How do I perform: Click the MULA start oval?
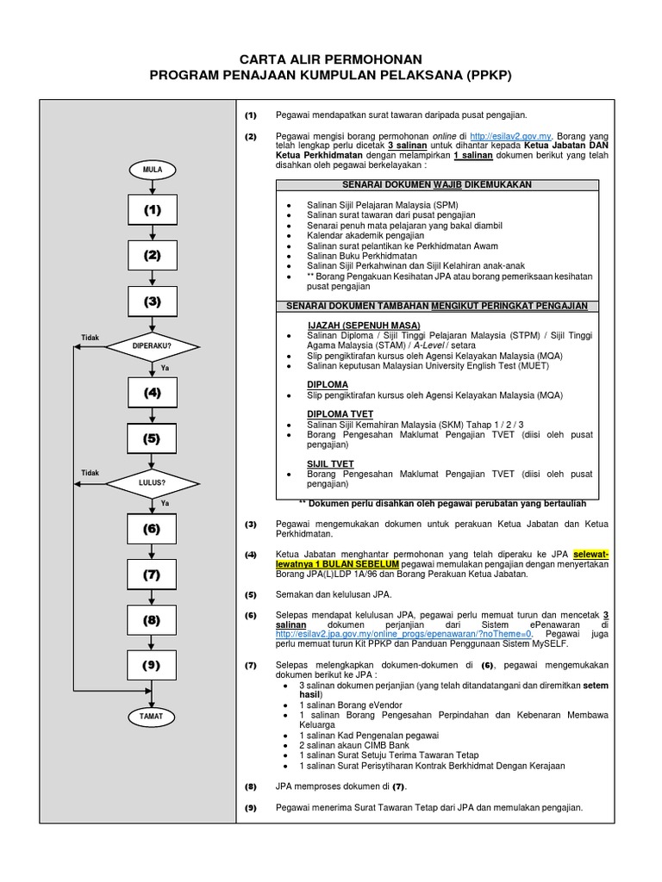coord(153,171)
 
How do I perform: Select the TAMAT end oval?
coord(153,716)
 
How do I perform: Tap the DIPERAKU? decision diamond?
coord(153,347)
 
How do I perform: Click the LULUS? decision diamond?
coord(153,482)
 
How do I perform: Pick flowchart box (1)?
coord(153,209)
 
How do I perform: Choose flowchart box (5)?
coord(153,438)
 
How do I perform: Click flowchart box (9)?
coord(153,664)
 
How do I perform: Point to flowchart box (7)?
coord(153,574)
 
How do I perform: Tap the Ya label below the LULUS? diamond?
coord(165,502)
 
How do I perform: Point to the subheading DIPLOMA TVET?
coord(340,414)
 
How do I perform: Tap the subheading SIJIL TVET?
coord(330,463)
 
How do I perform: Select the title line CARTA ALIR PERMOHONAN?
coord(331,59)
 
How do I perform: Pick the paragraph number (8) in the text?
coord(251,786)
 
